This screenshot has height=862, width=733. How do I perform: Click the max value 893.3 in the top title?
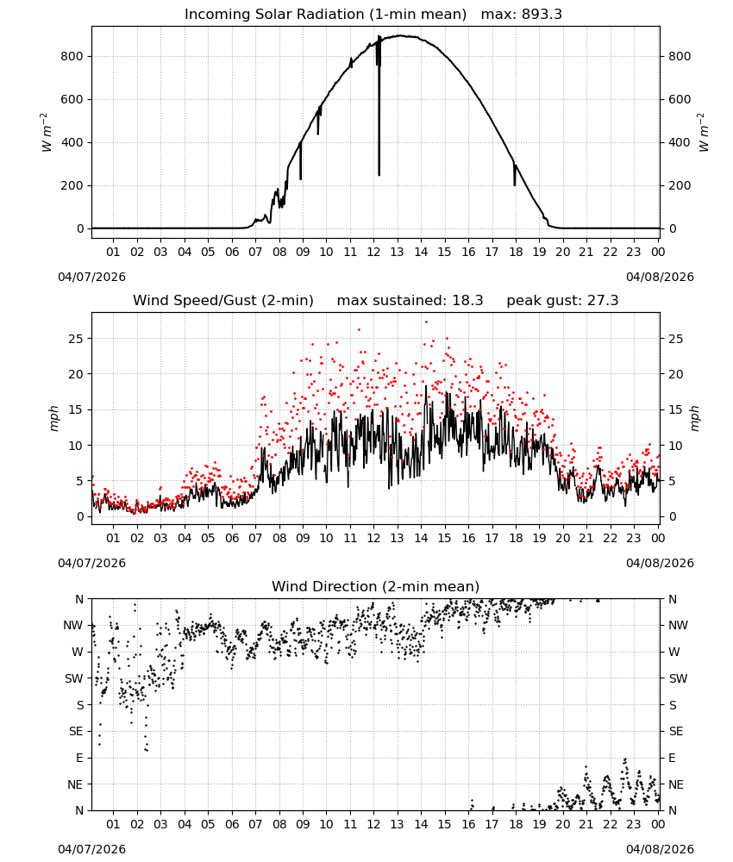[542, 15]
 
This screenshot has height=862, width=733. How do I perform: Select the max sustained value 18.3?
[467, 301]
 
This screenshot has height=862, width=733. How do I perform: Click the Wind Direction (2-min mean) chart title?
[376, 586]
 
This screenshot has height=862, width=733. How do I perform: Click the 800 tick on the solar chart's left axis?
[72, 56]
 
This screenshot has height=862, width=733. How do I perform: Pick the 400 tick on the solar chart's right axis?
[680, 142]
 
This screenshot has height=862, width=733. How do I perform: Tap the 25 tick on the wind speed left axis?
[77, 339]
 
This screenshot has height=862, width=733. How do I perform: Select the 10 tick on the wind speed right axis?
[676, 446]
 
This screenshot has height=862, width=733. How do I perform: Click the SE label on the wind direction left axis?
[77, 732]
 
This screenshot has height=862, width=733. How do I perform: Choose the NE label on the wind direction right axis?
[676, 785]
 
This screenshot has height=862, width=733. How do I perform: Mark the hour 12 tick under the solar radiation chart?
[374, 253]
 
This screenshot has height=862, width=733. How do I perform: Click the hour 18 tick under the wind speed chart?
[516, 538]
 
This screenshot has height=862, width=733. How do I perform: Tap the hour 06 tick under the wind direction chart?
[232, 825]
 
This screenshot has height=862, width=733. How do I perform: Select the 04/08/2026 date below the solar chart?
[660, 277]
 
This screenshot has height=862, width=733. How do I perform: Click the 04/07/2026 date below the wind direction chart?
[91, 849]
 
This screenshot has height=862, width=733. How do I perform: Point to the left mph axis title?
[53, 418]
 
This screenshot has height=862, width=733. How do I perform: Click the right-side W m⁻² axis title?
[704, 133]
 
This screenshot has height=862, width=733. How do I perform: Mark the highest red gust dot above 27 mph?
[426, 322]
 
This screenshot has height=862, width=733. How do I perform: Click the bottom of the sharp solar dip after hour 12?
[379, 175]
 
